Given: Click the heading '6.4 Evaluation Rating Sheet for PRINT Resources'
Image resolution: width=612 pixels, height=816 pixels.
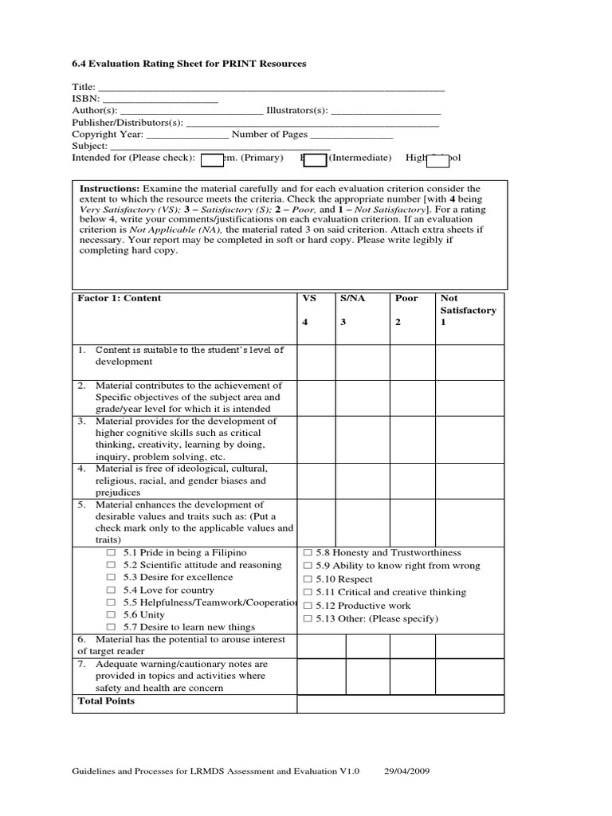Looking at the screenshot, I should tap(189, 63).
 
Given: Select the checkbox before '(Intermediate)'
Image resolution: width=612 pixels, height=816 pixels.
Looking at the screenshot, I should tap(316, 160).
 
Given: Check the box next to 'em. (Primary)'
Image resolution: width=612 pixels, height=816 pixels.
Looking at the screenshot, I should tap(212, 160).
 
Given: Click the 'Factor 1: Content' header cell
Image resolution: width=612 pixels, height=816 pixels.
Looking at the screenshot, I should tap(119, 298).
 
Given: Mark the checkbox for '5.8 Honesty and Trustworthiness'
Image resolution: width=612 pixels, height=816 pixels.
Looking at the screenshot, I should tap(308, 553).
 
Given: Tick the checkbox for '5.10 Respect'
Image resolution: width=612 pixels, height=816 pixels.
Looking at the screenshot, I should tap(308, 579).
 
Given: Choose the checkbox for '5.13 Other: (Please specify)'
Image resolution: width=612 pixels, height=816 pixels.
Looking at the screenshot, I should tap(308, 618).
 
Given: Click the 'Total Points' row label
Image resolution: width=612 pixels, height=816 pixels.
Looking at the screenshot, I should tap(106, 701).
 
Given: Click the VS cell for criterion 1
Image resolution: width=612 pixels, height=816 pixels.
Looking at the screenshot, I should tap(316, 362).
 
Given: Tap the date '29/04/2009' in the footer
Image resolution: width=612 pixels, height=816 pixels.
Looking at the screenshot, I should tap(408, 771).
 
